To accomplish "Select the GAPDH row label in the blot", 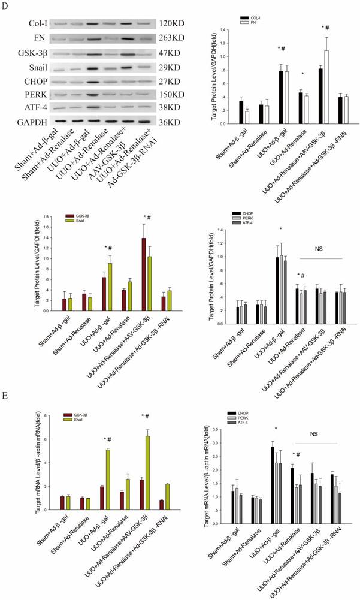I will pos(25,123).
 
